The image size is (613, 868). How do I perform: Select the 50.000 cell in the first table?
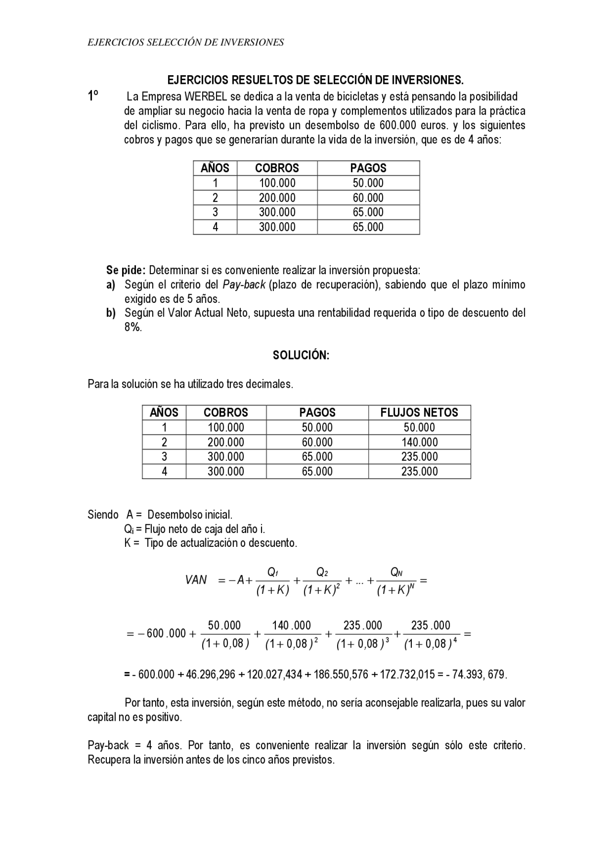[x=368, y=183]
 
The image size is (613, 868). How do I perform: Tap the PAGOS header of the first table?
[x=368, y=168]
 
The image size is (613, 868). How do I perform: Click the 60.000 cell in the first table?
[x=368, y=197]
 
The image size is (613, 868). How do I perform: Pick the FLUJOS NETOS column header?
[x=419, y=412]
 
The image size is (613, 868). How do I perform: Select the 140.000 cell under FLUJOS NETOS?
[x=419, y=442]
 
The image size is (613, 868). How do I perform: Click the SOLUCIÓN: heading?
[x=301, y=355]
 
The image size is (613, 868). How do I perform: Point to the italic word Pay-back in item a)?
[x=244, y=285]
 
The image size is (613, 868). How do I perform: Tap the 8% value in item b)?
[x=133, y=328]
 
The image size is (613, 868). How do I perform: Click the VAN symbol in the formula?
[x=196, y=580]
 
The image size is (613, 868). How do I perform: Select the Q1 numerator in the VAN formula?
[x=272, y=572]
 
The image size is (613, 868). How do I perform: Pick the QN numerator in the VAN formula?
[x=396, y=572]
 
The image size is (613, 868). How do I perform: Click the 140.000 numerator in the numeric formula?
[x=291, y=625]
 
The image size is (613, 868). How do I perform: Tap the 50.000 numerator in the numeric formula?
[x=224, y=625]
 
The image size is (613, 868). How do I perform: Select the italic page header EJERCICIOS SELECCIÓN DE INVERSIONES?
[x=186, y=42]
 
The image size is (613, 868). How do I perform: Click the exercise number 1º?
[x=93, y=96]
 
